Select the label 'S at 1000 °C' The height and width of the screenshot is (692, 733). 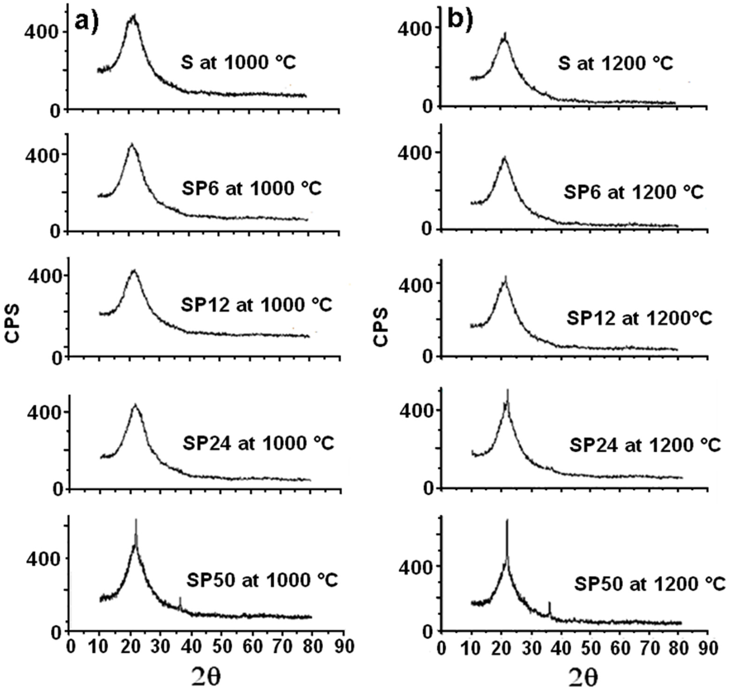238,63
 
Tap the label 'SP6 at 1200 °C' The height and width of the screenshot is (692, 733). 633,193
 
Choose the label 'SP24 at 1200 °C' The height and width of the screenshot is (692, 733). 645,445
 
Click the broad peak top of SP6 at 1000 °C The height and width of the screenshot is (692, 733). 132,145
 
